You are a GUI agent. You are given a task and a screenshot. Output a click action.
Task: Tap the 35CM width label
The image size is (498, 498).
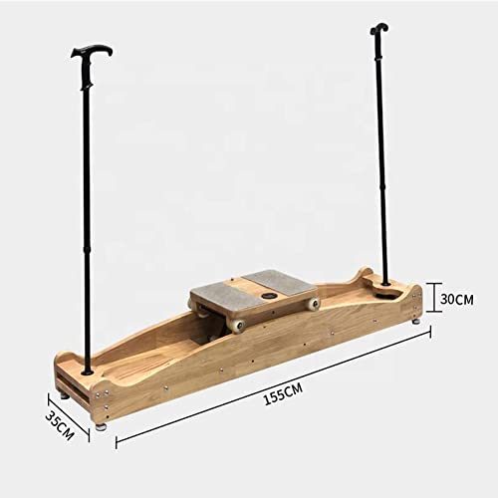(61, 422)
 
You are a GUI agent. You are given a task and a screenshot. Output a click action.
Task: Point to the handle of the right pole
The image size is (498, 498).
(378, 30)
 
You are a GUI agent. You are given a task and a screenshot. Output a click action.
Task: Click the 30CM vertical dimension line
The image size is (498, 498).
(431, 297)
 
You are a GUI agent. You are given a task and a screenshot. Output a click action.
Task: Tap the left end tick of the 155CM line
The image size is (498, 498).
(116, 443)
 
